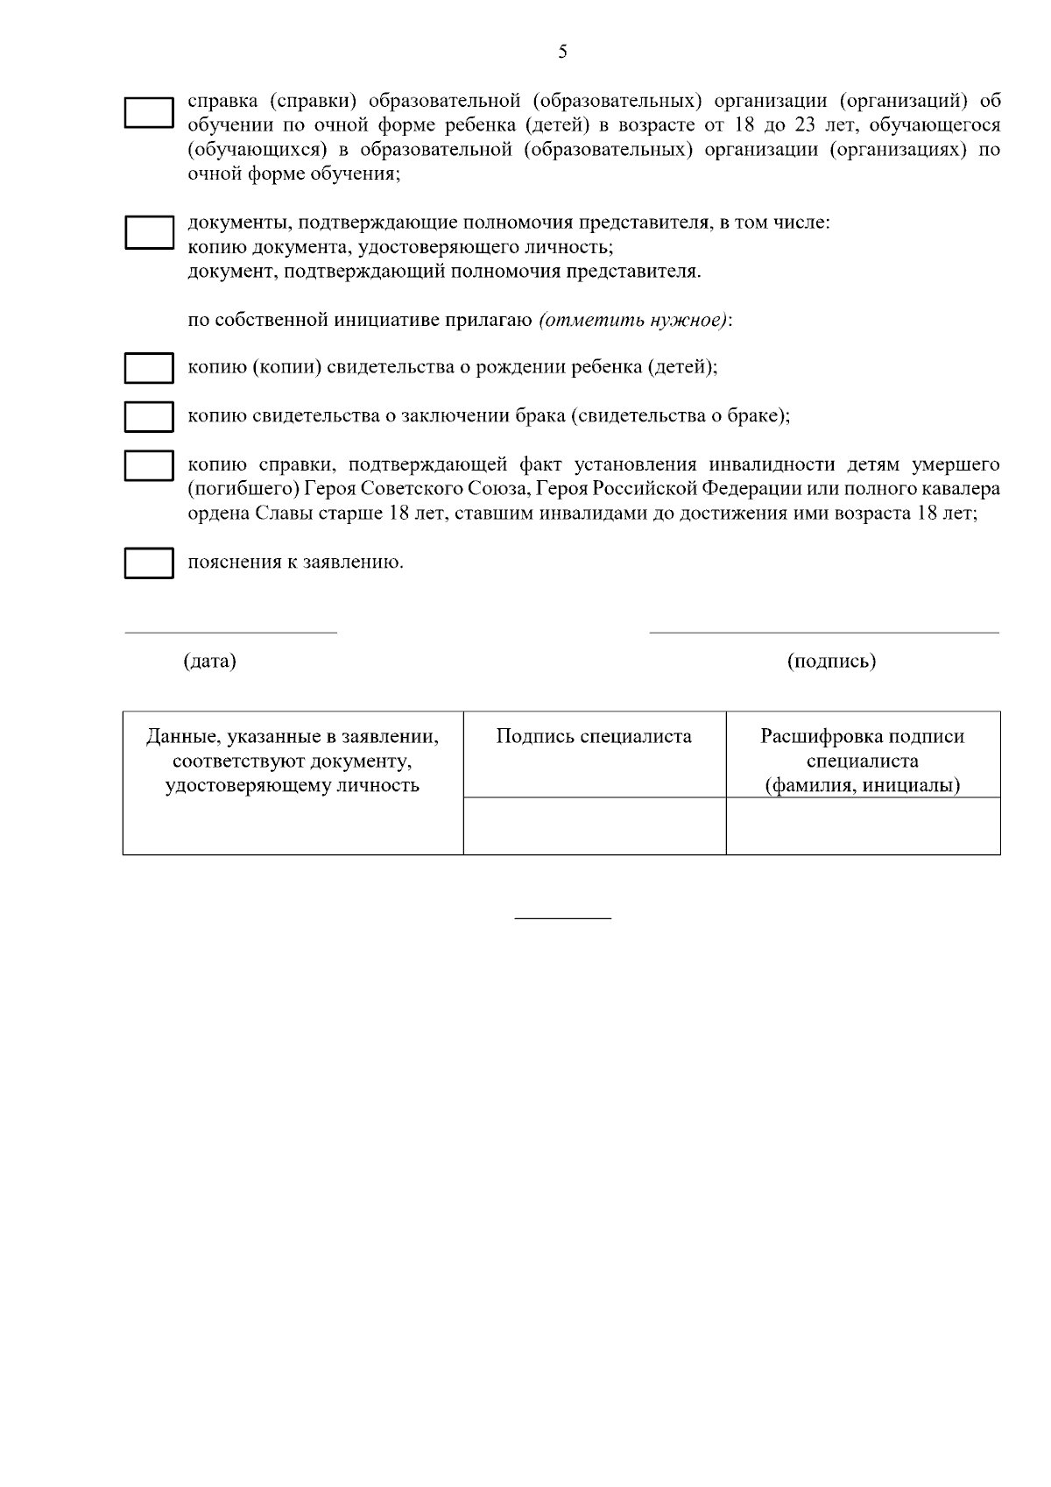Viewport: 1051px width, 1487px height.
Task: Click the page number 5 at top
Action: point(562,53)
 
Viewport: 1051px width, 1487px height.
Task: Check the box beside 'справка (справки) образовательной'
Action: point(148,113)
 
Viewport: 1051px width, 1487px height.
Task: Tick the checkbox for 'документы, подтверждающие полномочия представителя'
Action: point(148,233)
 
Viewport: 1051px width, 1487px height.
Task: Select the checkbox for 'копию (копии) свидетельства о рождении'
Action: point(148,368)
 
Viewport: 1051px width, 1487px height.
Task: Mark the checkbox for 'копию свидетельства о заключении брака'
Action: point(148,416)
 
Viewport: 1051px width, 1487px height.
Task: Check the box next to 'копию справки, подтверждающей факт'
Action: point(148,465)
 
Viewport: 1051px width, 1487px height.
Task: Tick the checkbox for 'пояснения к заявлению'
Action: point(148,563)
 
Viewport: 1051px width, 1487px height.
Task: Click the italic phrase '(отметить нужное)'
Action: point(633,320)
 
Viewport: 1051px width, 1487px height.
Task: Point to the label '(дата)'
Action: point(209,661)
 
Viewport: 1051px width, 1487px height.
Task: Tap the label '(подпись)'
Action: point(831,661)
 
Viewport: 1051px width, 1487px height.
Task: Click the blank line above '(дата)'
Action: point(230,632)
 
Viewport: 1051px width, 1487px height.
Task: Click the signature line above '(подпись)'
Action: point(823,632)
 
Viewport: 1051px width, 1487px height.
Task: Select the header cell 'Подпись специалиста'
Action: point(594,737)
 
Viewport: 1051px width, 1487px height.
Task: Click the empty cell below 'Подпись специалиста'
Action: point(594,825)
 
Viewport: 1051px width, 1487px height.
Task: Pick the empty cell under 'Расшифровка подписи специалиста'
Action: point(863,825)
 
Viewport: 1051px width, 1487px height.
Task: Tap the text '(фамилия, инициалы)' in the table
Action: point(863,786)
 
